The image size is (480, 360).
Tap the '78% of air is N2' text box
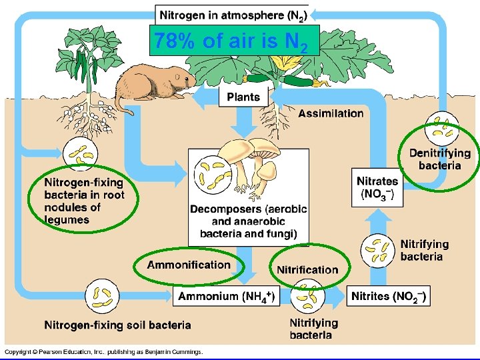tap(231, 41)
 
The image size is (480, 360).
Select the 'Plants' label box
tap(243, 97)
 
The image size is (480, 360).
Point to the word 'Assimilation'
tap(331, 113)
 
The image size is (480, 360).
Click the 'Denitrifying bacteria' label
tap(439, 159)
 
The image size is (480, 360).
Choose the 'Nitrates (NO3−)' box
tap(377, 187)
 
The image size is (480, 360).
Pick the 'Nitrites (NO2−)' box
tap(389, 296)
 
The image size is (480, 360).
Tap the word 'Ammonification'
tap(188, 265)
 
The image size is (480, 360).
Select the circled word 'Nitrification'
tap(307, 269)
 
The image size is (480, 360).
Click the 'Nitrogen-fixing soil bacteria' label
tap(117, 325)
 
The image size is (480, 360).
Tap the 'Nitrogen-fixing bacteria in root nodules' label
tap(84, 200)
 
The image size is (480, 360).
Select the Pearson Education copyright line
tap(103, 352)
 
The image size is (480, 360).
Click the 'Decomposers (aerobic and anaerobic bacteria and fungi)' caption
tap(248, 221)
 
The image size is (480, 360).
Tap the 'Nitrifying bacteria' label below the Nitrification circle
tap(313, 329)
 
